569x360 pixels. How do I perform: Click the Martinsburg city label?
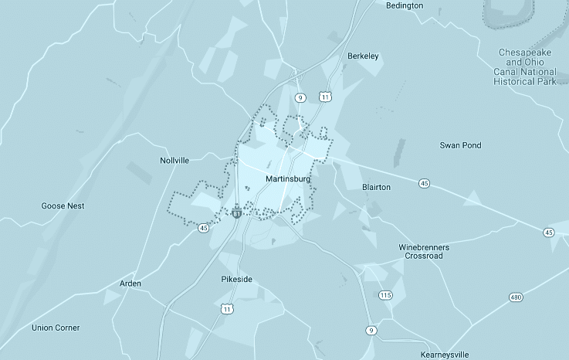pyautogui.click(x=287, y=179)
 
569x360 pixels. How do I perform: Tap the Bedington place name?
pyautogui.click(x=405, y=5)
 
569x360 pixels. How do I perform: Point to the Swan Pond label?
pyautogui.click(x=460, y=145)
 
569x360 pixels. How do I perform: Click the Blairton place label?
pyautogui.click(x=376, y=187)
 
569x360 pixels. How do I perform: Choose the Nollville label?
pyautogui.click(x=174, y=161)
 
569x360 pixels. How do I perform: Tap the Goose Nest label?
pyautogui.click(x=63, y=206)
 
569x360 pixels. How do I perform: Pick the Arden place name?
pyautogui.click(x=130, y=284)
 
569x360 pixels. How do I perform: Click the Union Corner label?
pyautogui.click(x=56, y=328)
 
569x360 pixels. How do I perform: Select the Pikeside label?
pyautogui.click(x=236, y=279)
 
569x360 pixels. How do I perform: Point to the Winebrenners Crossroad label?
pyautogui.click(x=424, y=251)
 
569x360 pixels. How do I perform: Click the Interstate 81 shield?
pyautogui.click(x=236, y=210)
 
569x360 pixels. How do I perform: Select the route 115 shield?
pyautogui.click(x=386, y=295)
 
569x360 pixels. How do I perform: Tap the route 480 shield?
pyautogui.click(x=517, y=297)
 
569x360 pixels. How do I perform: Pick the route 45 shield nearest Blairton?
pyautogui.click(x=425, y=183)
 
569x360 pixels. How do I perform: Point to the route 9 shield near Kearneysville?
pyautogui.click(x=372, y=330)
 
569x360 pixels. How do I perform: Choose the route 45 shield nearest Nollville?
pyautogui.click(x=203, y=228)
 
